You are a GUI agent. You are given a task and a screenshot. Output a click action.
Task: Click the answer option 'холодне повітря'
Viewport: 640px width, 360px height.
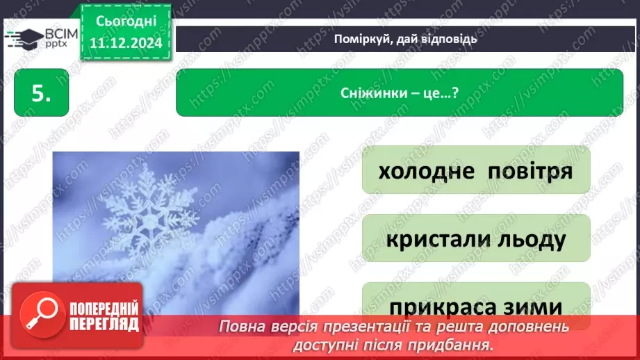[476, 170]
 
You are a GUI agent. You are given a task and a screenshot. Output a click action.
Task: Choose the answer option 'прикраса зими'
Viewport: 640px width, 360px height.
[476, 306]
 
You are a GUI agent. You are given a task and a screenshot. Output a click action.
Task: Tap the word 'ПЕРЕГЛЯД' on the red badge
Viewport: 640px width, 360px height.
[104, 323]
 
